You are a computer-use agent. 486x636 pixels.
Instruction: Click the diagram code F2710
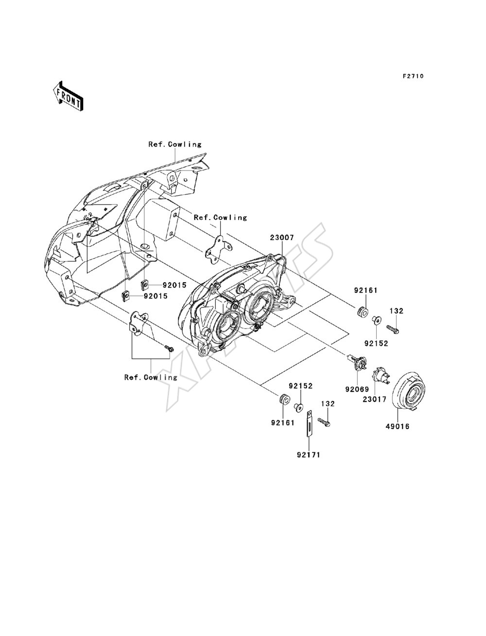(x=413, y=76)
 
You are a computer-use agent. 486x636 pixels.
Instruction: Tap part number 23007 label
(x=282, y=238)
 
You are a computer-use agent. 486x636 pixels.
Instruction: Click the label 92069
(x=357, y=389)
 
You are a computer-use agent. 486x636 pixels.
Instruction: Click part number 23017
(x=374, y=399)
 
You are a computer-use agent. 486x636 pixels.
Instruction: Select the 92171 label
(x=309, y=455)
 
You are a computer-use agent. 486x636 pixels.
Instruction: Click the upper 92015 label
(x=174, y=285)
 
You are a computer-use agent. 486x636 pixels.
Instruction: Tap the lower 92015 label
(x=156, y=296)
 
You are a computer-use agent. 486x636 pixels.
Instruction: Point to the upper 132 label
(x=397, y=311)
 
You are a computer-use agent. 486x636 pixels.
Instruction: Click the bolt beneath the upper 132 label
(x=393, y=328)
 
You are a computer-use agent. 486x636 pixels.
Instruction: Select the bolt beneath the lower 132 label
(x=324, y=422)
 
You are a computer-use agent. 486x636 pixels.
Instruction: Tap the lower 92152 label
(x=300, y=386)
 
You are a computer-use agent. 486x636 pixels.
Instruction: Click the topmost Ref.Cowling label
(x=175, y=144)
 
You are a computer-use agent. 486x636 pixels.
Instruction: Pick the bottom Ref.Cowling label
(x=151, y=377)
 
